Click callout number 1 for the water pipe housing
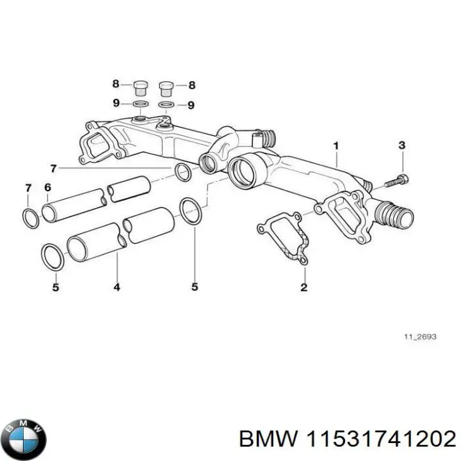click(336, 147)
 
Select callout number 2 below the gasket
click(303, 287)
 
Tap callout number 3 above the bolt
click(401, 145)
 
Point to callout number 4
click(117, 287)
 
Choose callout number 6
click(47, 187)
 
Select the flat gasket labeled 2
click(284, 239)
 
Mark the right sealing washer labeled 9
click(166, 104)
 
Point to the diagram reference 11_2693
click(419, 337)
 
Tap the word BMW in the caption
click(266, 439)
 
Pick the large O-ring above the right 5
click(190, 211)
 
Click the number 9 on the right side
click(190, 105)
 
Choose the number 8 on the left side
click(116, 84)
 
